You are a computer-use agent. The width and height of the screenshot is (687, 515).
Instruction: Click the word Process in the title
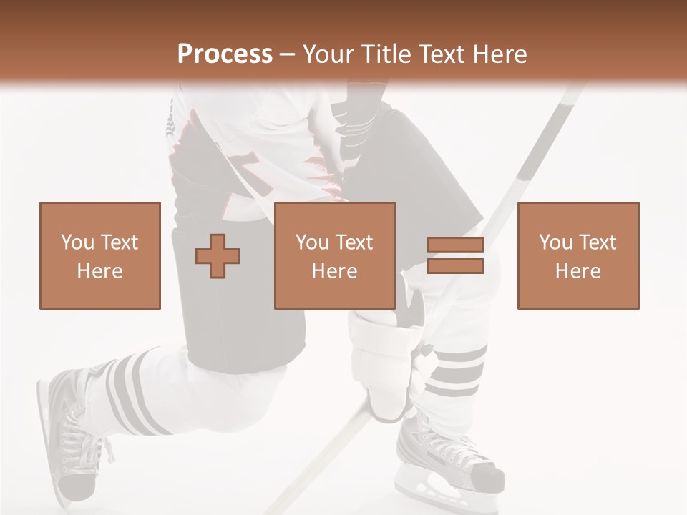(x=225, y=54)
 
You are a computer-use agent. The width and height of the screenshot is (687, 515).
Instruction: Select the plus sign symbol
(x=218, y=256)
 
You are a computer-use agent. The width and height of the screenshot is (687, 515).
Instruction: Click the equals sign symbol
(x=455, y=256)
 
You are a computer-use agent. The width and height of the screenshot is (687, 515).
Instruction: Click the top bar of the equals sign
(x=455, y=245)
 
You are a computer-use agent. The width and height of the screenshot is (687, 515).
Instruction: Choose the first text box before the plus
(x=100, y=255)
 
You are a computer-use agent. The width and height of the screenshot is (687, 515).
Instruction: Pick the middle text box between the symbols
(x=334, y=255)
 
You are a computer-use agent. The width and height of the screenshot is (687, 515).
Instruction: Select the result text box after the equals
(x=578, y=255)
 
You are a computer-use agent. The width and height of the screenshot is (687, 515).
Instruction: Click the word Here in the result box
(x=578, y=270)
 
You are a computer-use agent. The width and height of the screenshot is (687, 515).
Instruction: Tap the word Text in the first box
(x=119, y=242)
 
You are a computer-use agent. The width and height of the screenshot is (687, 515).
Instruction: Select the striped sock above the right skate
(x=458, y=372)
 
